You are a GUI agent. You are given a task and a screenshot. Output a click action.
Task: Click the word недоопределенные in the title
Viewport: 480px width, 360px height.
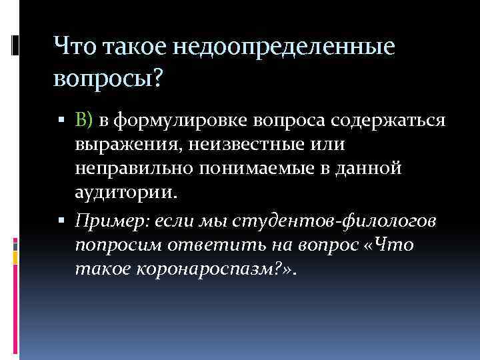(285, 47)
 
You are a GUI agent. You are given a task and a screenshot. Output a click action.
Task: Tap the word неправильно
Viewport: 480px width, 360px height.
(137, 169)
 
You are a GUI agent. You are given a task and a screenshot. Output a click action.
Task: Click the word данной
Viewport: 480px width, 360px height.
(373, 169)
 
